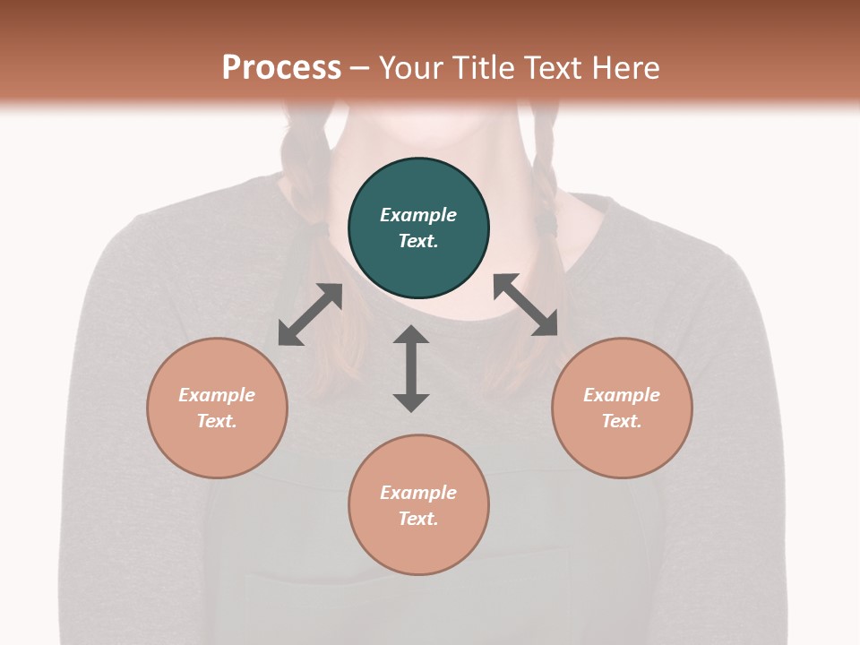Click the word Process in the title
[281, 67]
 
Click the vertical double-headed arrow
[411, 368]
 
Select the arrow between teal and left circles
[311, 314]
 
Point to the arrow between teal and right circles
[526, 305]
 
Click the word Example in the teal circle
[418, 215]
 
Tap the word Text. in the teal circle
[418, 241]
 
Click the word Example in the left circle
[217, 395]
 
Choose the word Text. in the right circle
[622, 421]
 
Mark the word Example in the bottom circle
[418, 493]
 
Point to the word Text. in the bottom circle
[418, 519]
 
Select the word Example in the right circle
[622, 395]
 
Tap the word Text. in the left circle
[217, 421]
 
